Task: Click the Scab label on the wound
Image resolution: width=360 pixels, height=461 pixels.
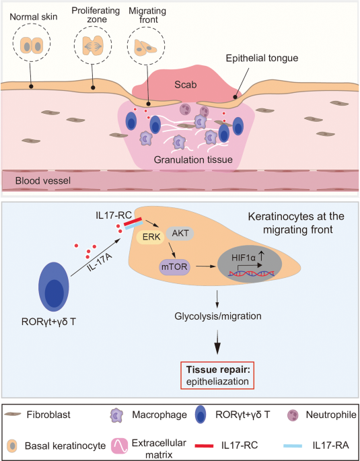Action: tap(186, 85)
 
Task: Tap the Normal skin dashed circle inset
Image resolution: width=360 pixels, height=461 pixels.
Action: tap(32, 42)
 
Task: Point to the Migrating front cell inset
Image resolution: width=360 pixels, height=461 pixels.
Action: tap(146, 46)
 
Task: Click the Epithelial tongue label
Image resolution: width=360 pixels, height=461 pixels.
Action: tap(262, 58)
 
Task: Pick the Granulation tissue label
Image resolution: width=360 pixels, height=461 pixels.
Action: tap(193, 159)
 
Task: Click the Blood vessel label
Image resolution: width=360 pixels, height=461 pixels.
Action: tap(43, 180)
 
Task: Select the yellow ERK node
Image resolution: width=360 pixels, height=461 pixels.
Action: tap(151, 237)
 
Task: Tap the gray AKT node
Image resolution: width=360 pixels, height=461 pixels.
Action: tap(180, 234)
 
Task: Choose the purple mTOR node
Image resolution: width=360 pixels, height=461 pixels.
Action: tap(174, 267)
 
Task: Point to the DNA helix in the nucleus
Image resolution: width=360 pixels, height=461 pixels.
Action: tap(252, 274)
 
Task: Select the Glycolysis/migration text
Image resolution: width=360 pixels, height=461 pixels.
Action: tap(218, 316)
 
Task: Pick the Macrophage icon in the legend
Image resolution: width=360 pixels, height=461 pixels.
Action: tap(116, 415)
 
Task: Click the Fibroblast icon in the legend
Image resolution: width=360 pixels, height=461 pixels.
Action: tap(12, 415)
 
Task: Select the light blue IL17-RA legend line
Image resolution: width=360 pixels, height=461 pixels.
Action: tap(293, 446)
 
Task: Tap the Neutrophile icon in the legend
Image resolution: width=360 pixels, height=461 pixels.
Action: tap(293, 415)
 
